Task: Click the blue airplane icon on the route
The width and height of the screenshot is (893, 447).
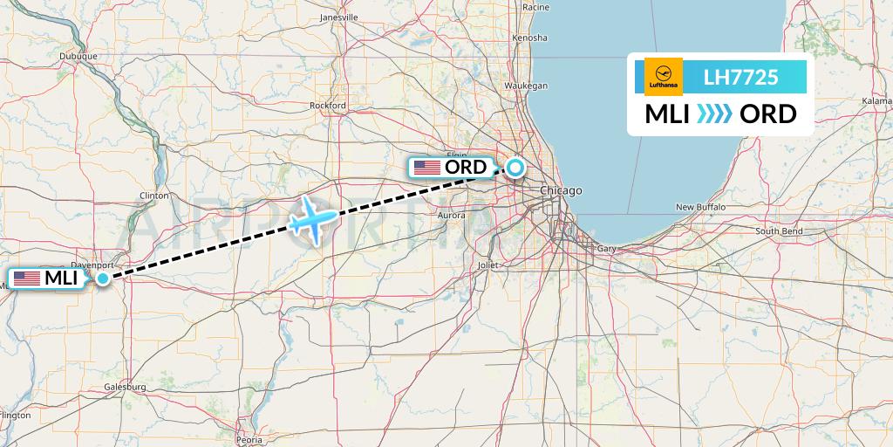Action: tap(312, 218)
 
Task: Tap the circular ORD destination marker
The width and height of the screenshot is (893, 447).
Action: tap(515, 167)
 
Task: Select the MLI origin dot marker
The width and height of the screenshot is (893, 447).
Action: tap(103, 279)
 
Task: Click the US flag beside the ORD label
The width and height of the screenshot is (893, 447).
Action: tap(426, 167)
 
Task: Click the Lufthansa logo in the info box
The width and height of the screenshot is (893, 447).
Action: tap(663, 77)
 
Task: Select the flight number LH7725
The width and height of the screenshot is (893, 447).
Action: tap(740, 78)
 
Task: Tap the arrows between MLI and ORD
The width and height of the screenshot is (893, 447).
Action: tap(715, 113)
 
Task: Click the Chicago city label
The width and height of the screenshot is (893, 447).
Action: tap(560, 190)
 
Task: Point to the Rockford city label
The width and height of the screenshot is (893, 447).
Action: tap(328, 106)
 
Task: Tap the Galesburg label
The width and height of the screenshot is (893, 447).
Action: tap(124, 386)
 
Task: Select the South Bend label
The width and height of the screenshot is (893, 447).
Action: tap(778, 231)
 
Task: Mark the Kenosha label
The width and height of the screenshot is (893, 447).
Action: tap(531, 38)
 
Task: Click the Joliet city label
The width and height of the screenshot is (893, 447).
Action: tap(487, 265)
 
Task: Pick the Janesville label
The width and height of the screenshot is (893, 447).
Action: tap(339, 17)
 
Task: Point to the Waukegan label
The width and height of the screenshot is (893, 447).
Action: tap(528, 86)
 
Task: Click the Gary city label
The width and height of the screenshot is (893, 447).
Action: tap(606, 249)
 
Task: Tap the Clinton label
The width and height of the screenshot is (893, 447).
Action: tap(153, 196)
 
